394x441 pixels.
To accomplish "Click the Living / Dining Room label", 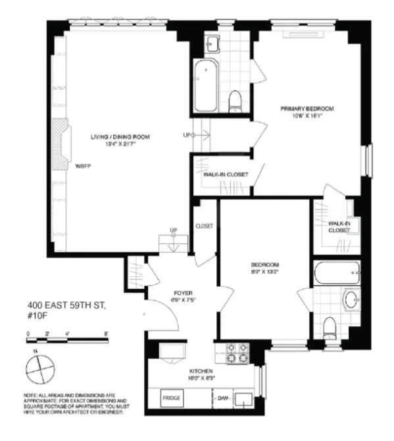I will click(x=120, y=137).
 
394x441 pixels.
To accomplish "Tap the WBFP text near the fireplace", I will click(x=83, y=166).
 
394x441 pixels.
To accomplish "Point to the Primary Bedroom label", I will click(x=307, y=108).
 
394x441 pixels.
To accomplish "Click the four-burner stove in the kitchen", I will click(x=238, y=353).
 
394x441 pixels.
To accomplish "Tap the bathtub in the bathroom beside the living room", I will click(x=207, y=84).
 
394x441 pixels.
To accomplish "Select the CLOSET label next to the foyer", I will click(x=204, y=226).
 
